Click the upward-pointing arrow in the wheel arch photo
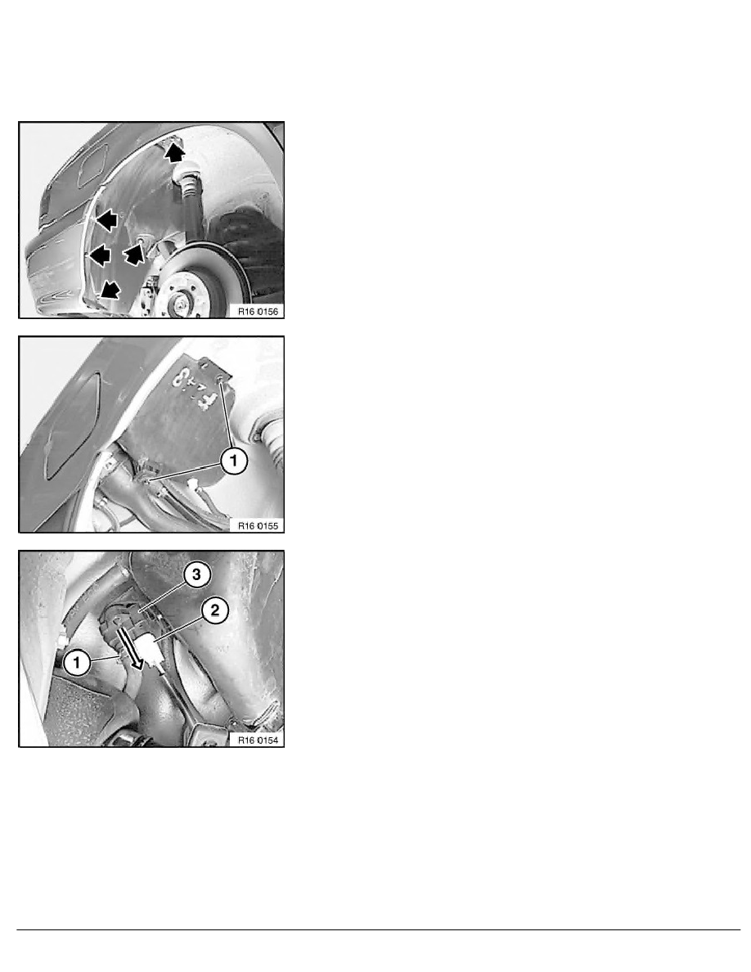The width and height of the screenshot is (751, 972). (x=173, y=151)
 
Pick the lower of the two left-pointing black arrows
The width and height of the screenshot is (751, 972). (x=99, y=255)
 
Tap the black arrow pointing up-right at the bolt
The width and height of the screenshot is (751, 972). (x=133, y=256)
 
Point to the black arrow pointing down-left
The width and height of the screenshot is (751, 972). (x=107, y=288)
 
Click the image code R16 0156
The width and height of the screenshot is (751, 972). (x=258, y=310)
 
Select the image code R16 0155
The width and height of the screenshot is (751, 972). (x=258, y=525)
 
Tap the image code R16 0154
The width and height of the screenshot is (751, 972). (x=258, y=740)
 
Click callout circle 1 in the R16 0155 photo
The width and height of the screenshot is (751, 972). (x=232, y=462)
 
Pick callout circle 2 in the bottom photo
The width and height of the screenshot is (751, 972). (x=214, y=611)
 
